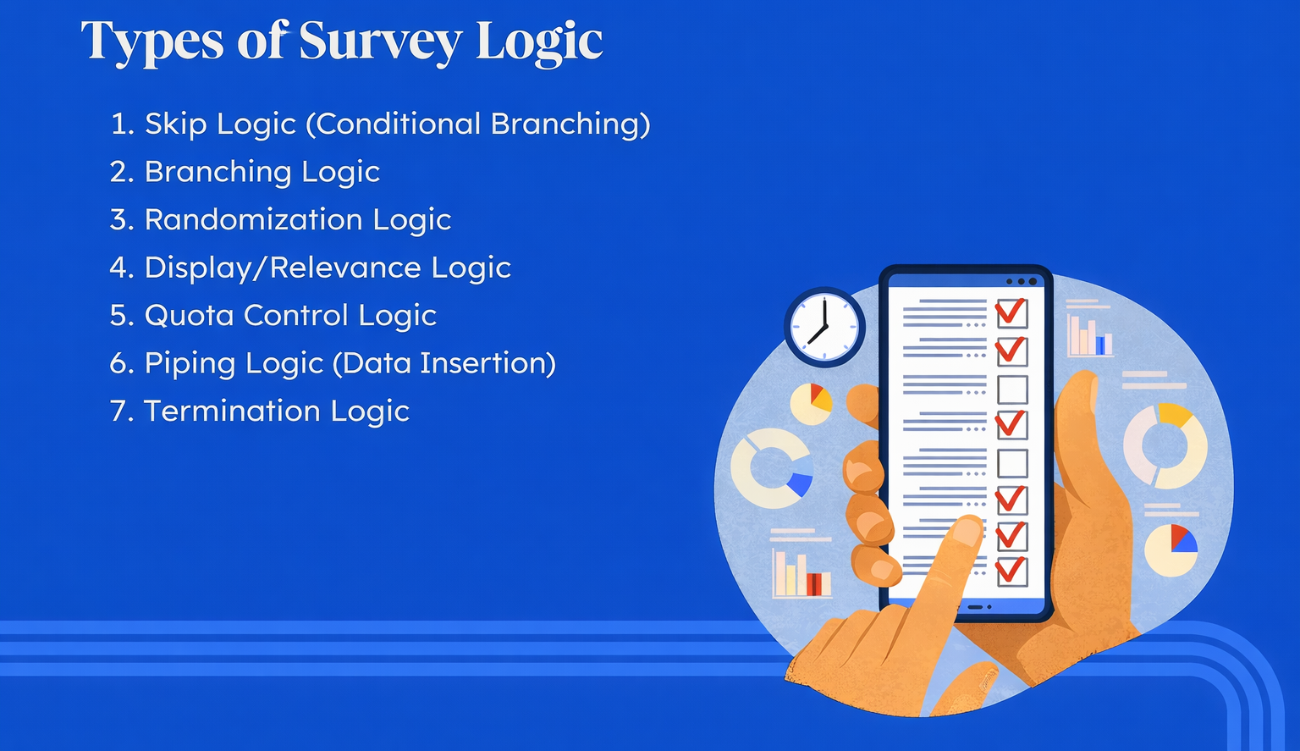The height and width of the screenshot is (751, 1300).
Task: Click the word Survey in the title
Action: (380, 41)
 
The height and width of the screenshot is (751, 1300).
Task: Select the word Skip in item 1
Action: (176, 124)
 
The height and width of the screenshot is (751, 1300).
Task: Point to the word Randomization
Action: (253, 220)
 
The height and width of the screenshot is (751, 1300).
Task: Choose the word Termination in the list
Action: (232, 411)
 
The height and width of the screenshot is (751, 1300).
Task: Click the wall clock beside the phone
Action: (824, 327)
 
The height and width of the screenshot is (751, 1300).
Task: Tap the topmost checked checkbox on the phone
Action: (1011, 312)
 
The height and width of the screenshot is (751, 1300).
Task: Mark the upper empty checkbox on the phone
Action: (1013, 389)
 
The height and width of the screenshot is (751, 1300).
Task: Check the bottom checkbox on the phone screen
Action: (1012, 571)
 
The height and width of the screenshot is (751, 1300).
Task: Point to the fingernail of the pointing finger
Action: (967, 531)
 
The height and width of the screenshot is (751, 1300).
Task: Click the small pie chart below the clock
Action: (812, 404)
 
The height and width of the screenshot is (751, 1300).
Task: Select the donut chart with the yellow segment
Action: (1166, 445)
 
